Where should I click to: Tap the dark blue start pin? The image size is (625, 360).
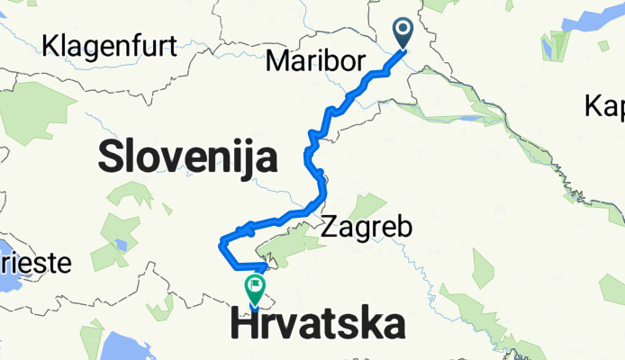[401, 33]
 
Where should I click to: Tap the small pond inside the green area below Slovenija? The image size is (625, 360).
[121, 245]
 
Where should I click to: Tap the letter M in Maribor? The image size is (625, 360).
[278, 61]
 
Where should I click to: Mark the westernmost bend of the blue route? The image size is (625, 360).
[222, 242]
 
